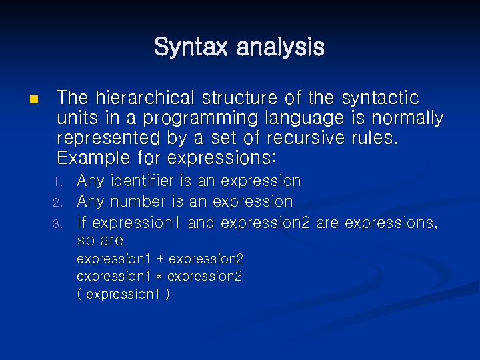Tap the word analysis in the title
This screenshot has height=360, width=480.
(280, 47)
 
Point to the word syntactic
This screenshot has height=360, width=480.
(380, 98)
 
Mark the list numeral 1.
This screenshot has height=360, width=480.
(57, 182)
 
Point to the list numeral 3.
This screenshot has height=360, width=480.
(57, 223)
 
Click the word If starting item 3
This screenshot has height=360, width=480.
(82, 222)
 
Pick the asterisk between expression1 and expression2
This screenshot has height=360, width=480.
(160, 277)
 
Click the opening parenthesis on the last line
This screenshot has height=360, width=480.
(80, 294)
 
